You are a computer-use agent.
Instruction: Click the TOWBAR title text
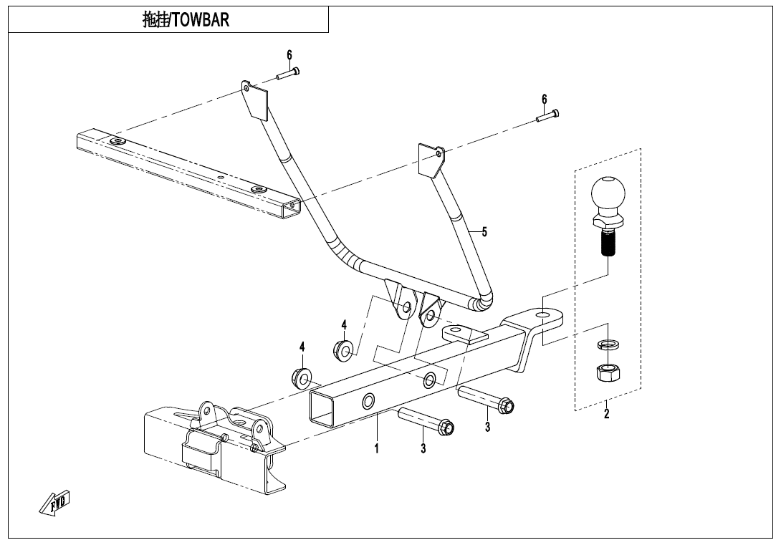(186, 20)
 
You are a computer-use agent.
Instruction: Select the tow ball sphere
(607, 193)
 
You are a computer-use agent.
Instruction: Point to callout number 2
(606, 414)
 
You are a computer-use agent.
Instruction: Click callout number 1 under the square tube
(376, 448)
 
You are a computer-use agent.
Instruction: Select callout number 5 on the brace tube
(484, 231)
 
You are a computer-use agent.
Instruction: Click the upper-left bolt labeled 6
(287, 73)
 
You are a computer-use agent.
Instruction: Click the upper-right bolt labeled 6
(547, 116)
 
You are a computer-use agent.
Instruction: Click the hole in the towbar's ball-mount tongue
(541, 314)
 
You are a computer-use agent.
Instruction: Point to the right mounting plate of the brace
(431, 161)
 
